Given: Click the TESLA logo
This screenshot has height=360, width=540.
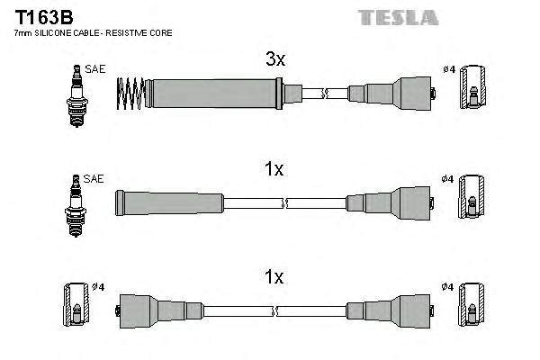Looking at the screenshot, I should point(398,17).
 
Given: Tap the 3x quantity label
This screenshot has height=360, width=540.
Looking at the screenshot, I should point(274,60).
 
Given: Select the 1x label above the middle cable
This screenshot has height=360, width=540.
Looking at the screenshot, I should point(274,168).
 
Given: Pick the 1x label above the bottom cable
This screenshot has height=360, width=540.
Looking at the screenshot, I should point(274,277).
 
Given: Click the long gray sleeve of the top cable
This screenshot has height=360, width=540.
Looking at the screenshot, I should point(211,91).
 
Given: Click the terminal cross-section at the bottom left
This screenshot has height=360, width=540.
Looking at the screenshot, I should point(76,306).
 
